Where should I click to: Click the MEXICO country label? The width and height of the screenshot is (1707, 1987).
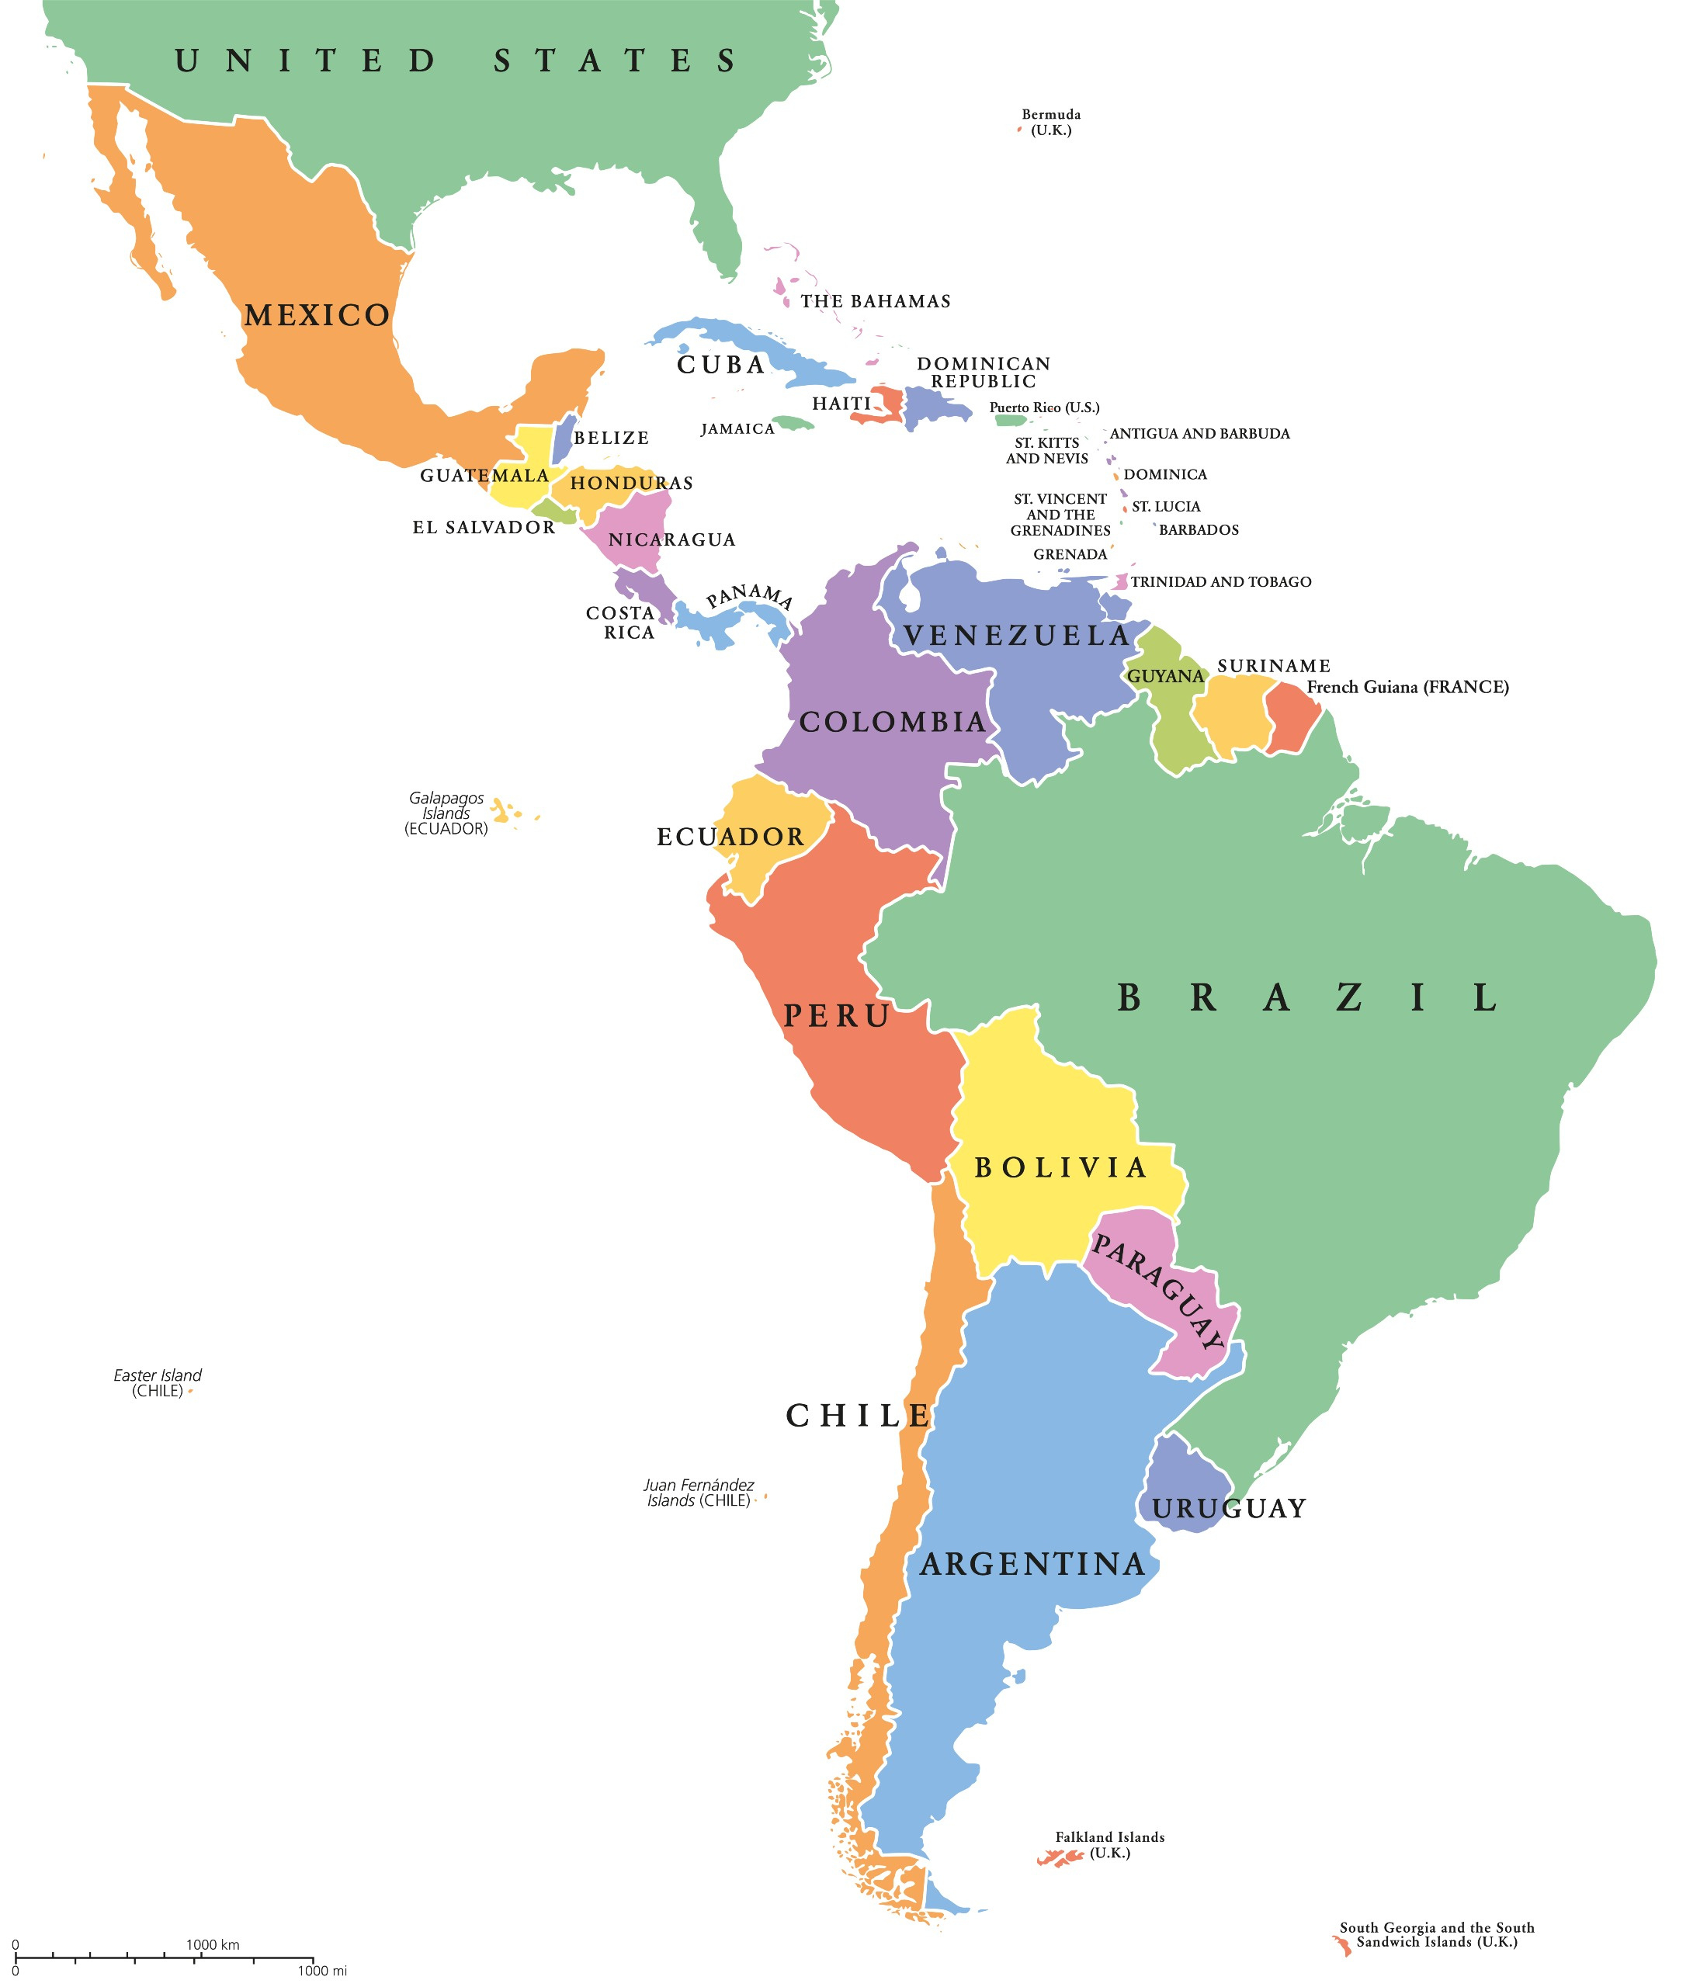317,315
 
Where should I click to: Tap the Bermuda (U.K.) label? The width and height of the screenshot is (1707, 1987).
1050,122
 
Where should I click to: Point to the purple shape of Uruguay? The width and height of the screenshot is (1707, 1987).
1182,1474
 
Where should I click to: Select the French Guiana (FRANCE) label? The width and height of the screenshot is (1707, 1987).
1407,687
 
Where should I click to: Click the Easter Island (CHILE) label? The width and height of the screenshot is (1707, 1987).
158,1383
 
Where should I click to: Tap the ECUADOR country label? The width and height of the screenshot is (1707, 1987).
730,837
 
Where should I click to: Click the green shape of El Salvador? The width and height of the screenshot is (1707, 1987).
554,511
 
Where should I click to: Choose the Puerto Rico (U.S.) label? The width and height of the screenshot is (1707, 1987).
1043,407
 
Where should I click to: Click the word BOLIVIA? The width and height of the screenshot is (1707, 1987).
1060,1168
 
